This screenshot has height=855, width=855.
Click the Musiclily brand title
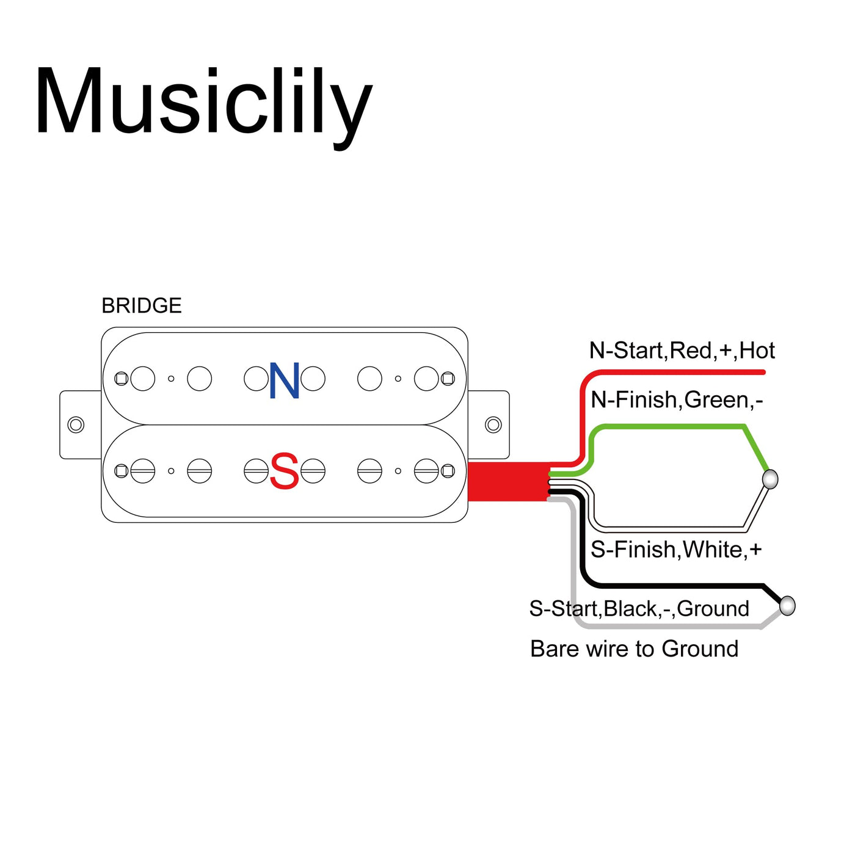(203, 103)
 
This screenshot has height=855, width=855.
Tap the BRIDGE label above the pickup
(142, 305)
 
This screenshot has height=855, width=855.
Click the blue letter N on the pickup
(285, 380)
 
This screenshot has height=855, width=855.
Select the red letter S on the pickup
(284, 471)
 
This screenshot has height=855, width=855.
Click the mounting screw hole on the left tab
(76, 424)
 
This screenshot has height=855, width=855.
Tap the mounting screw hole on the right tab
(493, 424)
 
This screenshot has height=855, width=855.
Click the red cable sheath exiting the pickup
(507, 481)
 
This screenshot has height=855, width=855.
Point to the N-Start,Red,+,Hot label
(682, 351)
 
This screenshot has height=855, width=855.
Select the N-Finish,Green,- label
(677, 400)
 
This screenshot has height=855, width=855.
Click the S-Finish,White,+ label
(676, 550)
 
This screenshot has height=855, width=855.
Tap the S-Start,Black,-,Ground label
(639, 608)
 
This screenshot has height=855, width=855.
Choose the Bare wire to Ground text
(634, 649)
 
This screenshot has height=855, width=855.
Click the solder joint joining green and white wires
(771, 479)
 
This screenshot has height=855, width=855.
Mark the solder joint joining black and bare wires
(788, 606)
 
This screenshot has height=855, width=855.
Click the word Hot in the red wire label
(757, 351)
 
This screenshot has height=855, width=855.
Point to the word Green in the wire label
(716, 400)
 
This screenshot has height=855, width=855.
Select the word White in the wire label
(712, 550)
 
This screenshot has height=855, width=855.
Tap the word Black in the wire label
(631, 608)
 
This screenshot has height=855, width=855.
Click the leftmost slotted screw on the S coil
(142, 471)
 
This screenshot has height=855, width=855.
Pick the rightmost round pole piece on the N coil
(426, 379)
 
